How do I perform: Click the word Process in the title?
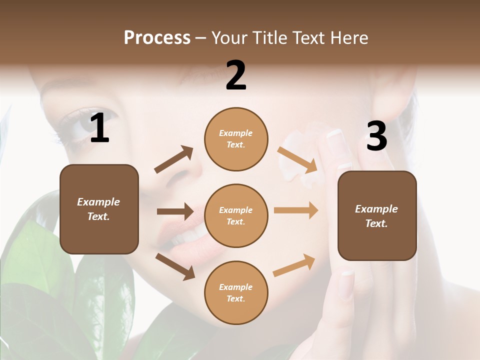pos(157,38)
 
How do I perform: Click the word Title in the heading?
pos(270,38)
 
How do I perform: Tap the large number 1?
pos(99,128)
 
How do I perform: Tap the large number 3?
pos(376,136)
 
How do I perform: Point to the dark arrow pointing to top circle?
pos(174,160)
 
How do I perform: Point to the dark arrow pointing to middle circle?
pos(175,211)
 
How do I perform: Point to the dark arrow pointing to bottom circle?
pos(175,266)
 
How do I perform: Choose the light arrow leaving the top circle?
pos(297,160)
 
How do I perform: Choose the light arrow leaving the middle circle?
pos(296,210)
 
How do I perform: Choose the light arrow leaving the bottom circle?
pos(294,265)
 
